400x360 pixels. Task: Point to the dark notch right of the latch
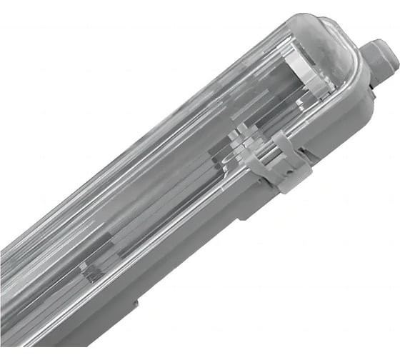coord(307,153)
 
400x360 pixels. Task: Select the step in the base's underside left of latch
coord(239,214)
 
